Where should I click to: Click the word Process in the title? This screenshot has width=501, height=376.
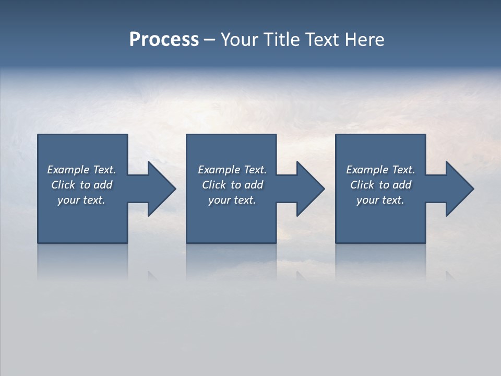[164, 40]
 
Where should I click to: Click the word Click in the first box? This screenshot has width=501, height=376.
[63, 185]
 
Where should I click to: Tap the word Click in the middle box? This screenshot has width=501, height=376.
[213, 185]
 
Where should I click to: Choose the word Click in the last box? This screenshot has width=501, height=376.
[362, 185]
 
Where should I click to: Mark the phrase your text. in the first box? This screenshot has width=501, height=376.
[81, 200]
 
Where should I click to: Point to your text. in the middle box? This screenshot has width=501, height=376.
[232, 200]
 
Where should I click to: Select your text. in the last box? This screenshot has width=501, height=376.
[380, 200]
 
